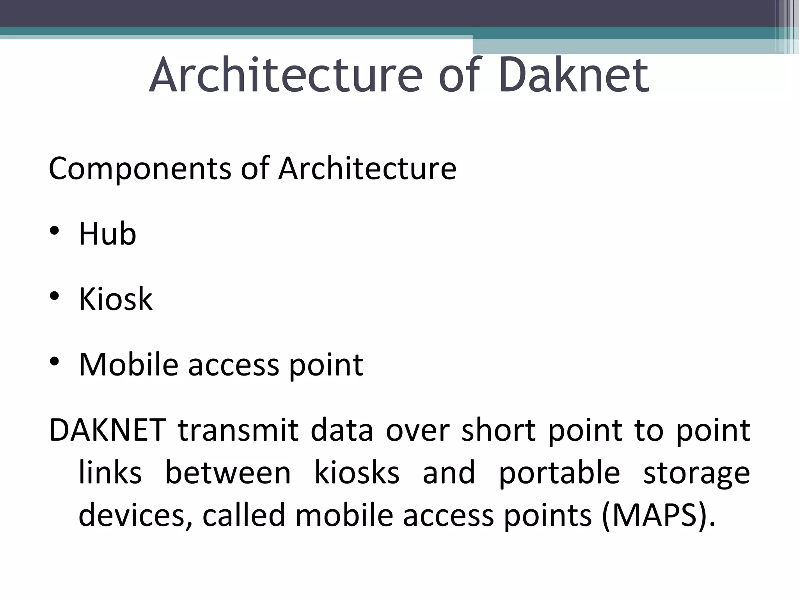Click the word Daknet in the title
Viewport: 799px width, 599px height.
tap(574, 75)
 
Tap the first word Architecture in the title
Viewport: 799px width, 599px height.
tap(286, 75)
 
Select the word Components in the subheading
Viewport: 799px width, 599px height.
tap(140, 168)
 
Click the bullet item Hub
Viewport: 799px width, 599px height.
tap(107, 234)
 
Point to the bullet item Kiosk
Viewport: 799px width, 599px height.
tap(115, 299)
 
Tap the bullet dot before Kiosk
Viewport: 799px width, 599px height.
tap(54, 296)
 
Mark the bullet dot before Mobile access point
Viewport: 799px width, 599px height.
tap(54, 362)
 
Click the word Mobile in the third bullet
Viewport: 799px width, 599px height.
tap(128, 365)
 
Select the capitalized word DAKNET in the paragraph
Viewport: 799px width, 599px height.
tap(108, 430)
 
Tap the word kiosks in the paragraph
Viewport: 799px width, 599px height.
tap(357, 473)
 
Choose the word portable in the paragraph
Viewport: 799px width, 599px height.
tap(559, 473)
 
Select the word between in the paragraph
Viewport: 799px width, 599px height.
tap(228, 473)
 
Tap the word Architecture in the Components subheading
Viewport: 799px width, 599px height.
tap(367, 168)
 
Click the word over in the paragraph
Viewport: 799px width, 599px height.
tap(417, 431)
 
